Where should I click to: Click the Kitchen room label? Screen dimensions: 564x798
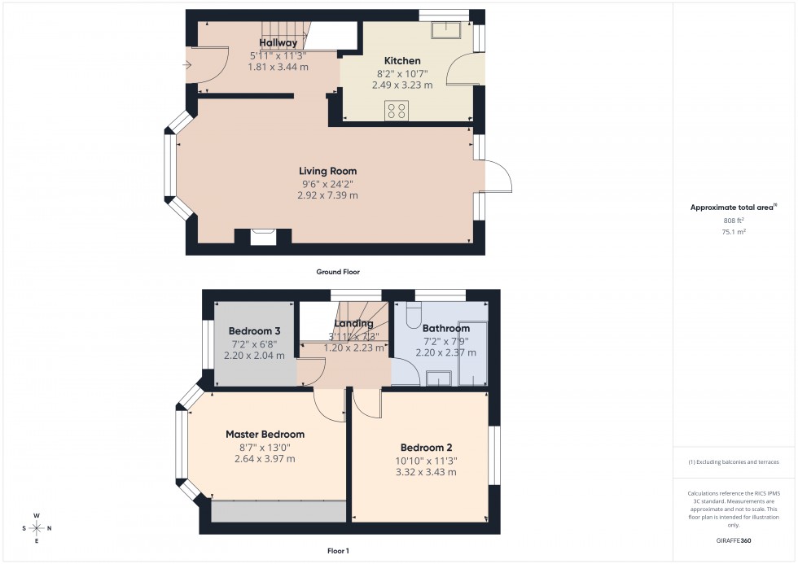[402, 61]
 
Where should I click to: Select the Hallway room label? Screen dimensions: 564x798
[278, 42]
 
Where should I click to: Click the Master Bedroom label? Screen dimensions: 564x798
[265, 435]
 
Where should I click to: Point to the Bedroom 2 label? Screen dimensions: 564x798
[426, 448]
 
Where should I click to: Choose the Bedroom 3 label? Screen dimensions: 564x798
[254, 331]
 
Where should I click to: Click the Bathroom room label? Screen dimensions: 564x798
[445, 328]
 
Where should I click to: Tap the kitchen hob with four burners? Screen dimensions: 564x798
[397, 110]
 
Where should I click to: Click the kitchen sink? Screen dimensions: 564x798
[446, 30]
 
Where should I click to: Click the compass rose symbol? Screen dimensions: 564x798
[37, 528]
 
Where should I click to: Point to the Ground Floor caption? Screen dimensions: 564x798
[338, 272]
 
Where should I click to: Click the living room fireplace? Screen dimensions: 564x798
[263, 237]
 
